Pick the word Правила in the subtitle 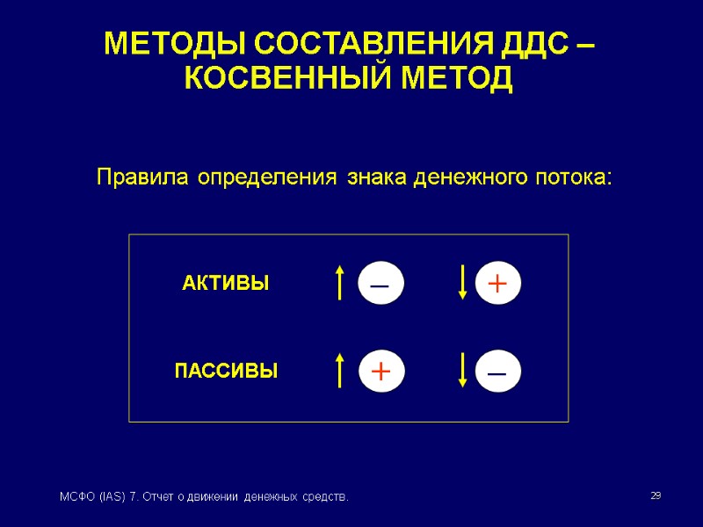tap(143, 177)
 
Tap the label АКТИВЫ tap(225, 284)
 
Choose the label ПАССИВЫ tap(226, 372)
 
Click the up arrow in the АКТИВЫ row tap(339, 284)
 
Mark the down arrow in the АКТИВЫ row tap(462, 284)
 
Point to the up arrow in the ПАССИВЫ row tap(339, 371)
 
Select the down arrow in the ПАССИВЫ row tap(462, 371)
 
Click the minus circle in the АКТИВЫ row tap(380, 285)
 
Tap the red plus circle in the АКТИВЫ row tap(497, 285)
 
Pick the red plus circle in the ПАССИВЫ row tap(380, 372)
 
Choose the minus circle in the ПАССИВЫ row tap(497, 372)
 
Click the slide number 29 tap(655, 497)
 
